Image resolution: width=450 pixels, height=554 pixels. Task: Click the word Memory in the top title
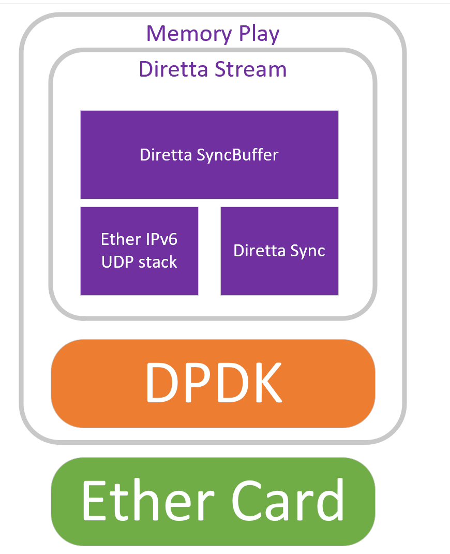click(185, 34)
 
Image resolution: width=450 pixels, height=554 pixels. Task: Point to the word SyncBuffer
click(238, 155)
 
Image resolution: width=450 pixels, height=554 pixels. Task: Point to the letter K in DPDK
click(264, 383)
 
